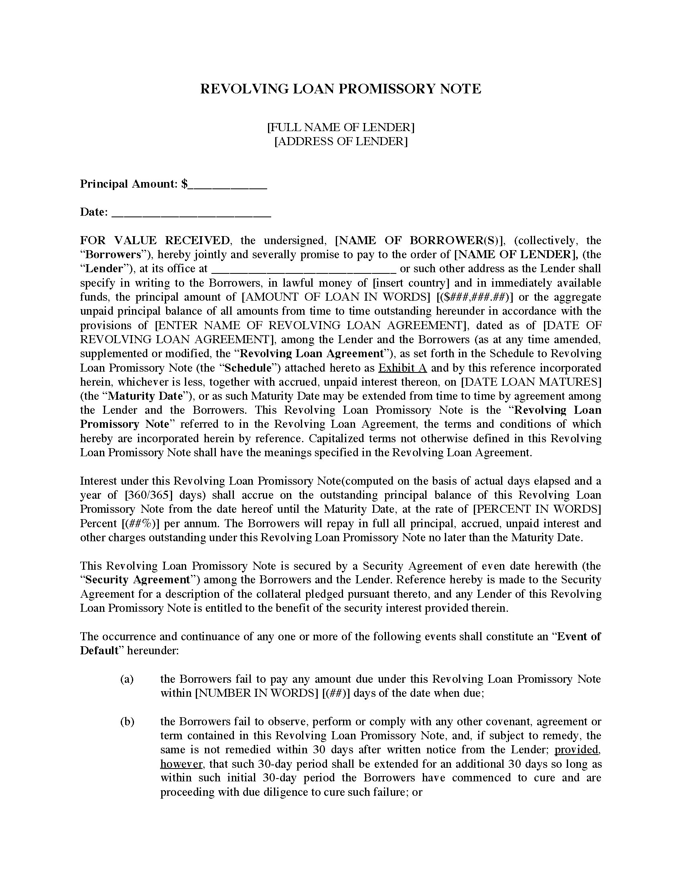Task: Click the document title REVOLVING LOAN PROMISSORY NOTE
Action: click(x=341, y=89)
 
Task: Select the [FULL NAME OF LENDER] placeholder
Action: click(x=341, y=127)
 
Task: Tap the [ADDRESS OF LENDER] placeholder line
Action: click(x=341, y=142)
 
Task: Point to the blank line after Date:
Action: click(x=191, y=213)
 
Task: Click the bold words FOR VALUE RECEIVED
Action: click(x=155, y=241)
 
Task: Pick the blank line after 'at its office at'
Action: click(x=303, y=269)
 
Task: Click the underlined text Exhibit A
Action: click(x=402, y=368)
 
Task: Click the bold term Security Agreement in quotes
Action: click(x=138, y=581)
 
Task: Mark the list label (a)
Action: click(x=127, y=680)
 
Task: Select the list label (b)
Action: click(x=127, y=722)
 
